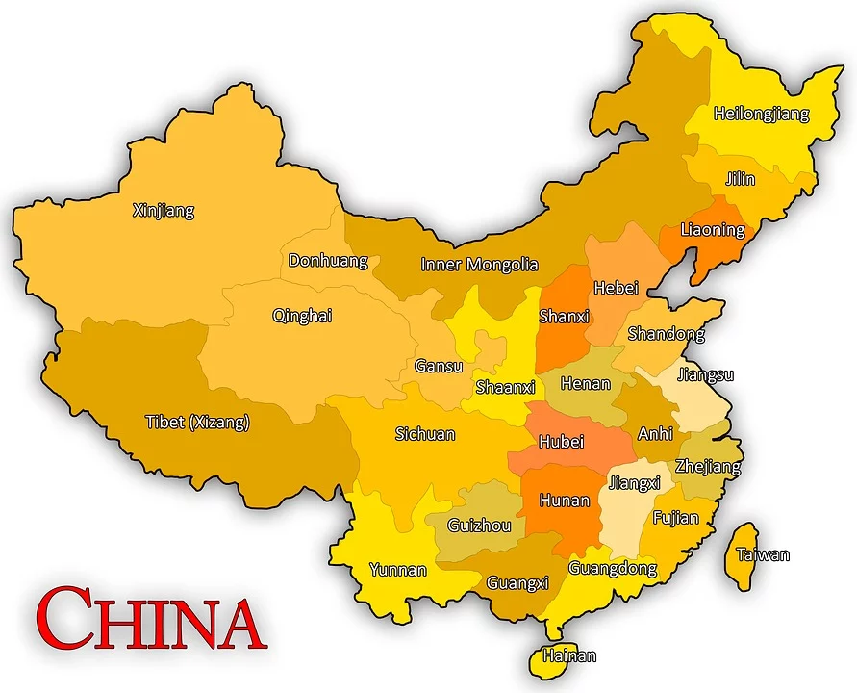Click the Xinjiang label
pos(163,210)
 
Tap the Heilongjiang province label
pos(761,114)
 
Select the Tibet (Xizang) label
pos(197,422)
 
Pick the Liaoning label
pos(712,230)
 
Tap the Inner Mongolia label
pos(479,264)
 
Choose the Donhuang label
pos(328,260)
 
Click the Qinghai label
pos(302,315)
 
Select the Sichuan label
pos(424,434)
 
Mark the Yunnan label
pos(397,570)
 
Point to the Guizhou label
pos(480,526)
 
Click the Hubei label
pos(561,442)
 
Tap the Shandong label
pos(666,334)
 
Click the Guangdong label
pos(612,568)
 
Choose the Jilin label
pos(741,179)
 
